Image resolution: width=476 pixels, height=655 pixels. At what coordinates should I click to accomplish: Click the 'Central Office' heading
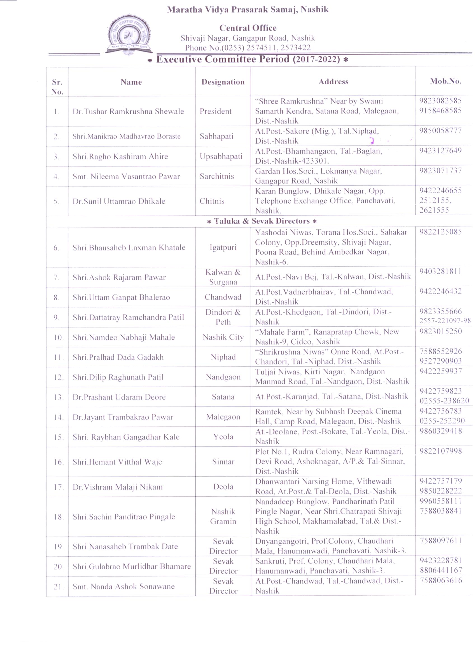point(248,28)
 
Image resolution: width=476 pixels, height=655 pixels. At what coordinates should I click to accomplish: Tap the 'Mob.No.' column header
point(445,82)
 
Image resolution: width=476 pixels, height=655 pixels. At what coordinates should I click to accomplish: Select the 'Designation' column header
point(223,82)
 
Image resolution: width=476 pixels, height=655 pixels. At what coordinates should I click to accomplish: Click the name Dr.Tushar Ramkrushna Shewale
point(128,112)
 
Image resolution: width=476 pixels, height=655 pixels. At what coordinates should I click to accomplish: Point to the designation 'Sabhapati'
point(216,136)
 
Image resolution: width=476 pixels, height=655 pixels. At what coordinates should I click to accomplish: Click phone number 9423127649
point(440,151)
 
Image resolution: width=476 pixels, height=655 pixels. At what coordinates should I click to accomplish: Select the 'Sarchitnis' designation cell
point(217,176)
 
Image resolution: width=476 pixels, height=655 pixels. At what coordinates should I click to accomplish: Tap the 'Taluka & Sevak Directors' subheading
point(262,221)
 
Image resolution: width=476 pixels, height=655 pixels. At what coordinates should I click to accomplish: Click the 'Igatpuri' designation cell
point(223,247)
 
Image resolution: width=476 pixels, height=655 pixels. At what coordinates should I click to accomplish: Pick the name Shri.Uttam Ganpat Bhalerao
point(121,297)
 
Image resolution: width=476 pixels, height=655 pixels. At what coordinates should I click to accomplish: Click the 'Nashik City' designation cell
point(223,337)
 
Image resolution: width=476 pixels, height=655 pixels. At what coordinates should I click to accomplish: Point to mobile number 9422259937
point(440,371)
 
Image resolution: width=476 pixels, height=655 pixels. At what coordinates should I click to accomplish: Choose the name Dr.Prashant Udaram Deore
point(119,397)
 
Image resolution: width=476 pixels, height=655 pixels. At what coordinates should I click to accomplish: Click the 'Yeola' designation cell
point(223,437)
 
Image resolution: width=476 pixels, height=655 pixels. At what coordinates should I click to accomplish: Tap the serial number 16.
point(58,462)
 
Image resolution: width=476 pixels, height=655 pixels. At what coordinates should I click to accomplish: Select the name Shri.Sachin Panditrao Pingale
point(123,517)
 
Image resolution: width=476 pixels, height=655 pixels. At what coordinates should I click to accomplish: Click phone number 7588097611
point(441,541)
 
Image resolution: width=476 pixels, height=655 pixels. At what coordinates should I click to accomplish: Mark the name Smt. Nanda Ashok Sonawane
point(123,586)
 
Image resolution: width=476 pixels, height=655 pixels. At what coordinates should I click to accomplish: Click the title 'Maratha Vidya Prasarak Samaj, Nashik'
point(248,10)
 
